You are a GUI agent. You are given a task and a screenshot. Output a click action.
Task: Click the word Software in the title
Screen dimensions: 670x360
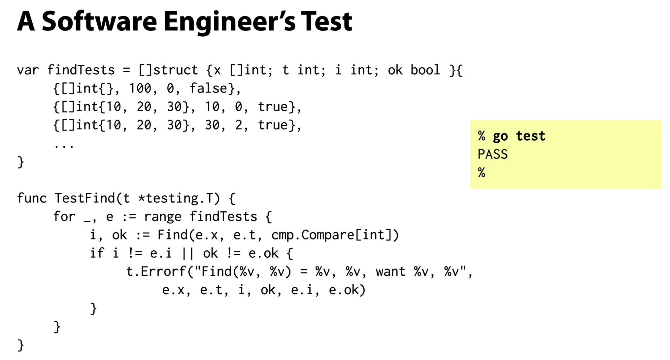[x=99, y=21]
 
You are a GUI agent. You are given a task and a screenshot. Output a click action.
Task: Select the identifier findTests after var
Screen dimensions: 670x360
[x=81, y=70]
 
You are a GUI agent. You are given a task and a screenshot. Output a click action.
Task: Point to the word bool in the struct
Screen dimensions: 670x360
[x=425, y=70]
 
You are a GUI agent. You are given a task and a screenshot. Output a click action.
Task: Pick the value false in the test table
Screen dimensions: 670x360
[x=208, y=88]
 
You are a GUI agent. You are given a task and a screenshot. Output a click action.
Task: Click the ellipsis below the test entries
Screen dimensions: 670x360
[x=64, y=146]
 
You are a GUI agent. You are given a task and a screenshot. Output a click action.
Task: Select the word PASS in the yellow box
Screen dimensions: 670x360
[x=492, y=154]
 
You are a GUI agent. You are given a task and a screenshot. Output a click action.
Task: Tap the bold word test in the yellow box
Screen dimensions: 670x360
[x=530, y=136]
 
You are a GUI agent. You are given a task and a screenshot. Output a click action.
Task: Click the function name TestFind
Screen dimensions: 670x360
[x=84, y=198]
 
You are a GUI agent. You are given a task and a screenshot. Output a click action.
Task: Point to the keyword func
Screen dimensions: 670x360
[x=32, y=198]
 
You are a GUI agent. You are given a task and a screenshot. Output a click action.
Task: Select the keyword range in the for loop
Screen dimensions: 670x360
[x=162, y=217]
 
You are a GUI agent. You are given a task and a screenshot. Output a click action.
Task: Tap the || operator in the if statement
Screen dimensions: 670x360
[x=187, y=254]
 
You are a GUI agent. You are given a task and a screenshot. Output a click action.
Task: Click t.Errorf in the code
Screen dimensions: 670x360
[x=156, y=271]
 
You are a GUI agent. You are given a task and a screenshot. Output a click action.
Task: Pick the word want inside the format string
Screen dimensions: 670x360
[x=390, y=272]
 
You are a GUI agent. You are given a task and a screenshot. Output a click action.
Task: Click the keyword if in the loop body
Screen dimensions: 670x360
[x=97, y=253]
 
